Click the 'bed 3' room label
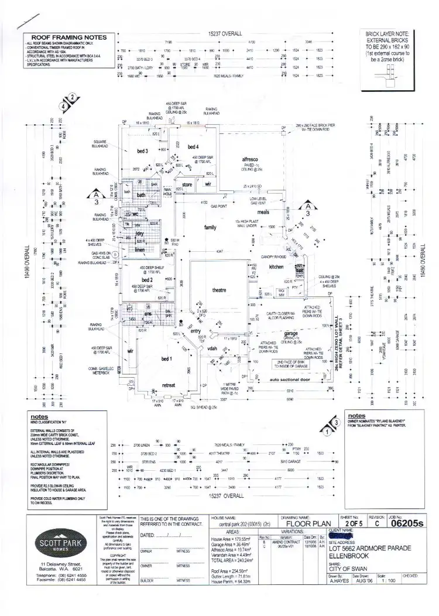click(143, 151)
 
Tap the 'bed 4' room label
click(194, 146)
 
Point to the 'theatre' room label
click(220, 290)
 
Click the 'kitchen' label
click(276, 266)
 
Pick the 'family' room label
click(210, 227)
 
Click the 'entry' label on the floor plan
click(195, 331)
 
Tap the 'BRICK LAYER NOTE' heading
click(387, 35)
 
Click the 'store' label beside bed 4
click(187, 185)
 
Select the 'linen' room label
click(139, 251)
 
